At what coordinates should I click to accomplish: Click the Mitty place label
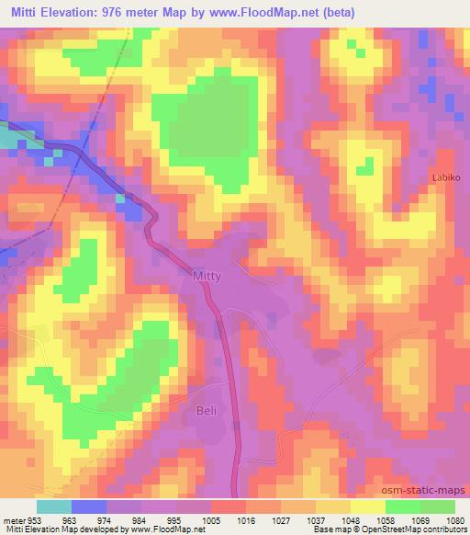click(x=208, y=274)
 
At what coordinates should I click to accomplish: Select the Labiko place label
click(x=447, y=176)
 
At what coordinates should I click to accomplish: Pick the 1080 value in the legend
click(x=455, y=518)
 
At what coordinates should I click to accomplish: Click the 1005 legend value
click(x=211, y=518)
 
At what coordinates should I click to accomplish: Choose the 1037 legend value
click(x=316, y=518)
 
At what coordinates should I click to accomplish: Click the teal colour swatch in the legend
click(x=54, y=506)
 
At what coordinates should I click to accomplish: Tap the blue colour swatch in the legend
click(x=89, y=506)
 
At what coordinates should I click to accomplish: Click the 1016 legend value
click(x=246, y=518)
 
